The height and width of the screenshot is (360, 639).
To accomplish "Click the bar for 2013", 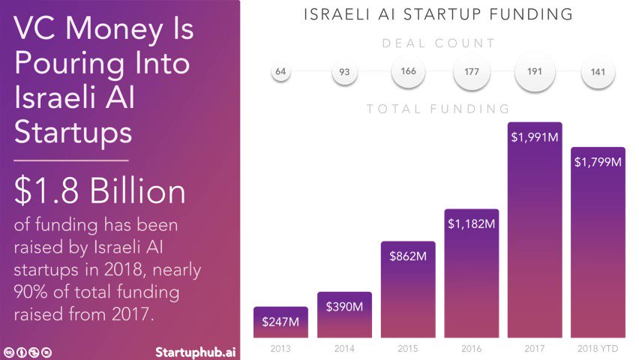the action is pos(280,322).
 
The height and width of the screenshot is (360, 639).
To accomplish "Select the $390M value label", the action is pos(344,307).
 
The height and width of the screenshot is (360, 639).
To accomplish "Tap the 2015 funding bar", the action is pos(408,289).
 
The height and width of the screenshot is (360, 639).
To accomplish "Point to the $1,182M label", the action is pos(472,223).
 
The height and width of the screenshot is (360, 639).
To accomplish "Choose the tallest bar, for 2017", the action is pos(535,230).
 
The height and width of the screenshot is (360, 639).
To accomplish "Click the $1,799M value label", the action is pos(598,162).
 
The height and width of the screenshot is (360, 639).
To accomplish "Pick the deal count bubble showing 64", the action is pos(280,72).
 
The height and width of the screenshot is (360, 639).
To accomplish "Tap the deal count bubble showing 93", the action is pos(344,72).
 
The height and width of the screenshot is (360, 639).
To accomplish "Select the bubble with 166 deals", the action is pos(408,71).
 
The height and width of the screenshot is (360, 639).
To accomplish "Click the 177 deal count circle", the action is pos(472,72).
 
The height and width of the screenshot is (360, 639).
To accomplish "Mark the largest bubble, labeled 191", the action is pos(535,72).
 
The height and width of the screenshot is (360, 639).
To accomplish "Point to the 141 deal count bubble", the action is pos(598,72).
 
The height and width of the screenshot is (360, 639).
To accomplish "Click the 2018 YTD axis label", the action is pos(598,349).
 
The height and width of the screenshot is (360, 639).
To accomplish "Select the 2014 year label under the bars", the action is pos(344,349).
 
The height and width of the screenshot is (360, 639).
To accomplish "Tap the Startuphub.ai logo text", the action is pos(195,352).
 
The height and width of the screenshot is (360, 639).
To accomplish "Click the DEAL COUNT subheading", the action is pos(439,43).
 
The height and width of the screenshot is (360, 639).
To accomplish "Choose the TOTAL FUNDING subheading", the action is pos(439,109).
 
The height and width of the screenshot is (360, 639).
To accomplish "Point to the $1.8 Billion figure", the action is pos(100,190).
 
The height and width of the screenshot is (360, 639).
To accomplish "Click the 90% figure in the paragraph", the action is pos(29,292).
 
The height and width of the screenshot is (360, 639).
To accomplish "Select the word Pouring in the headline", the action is pos(69,64).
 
